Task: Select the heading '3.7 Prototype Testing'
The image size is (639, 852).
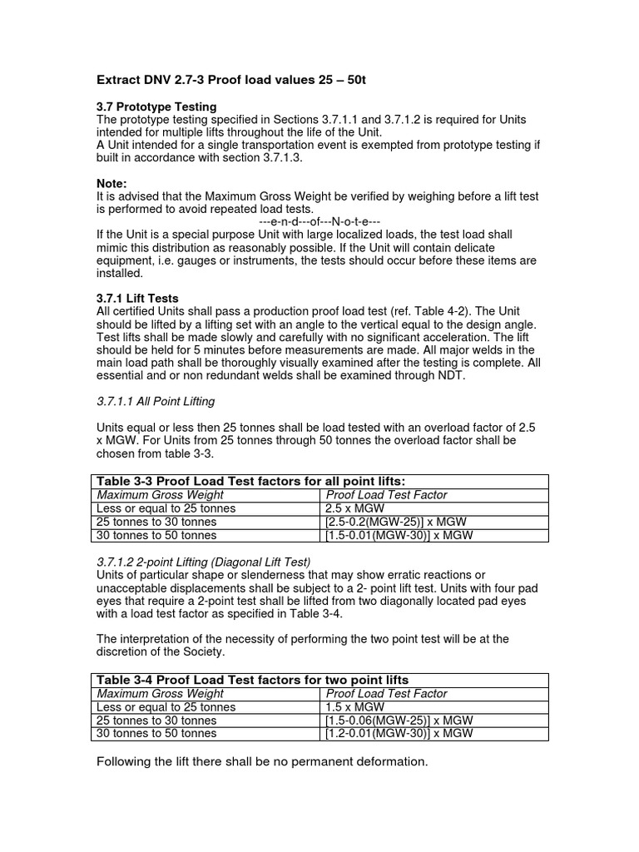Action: click(157, 106)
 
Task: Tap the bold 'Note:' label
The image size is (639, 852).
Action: click(112, 182)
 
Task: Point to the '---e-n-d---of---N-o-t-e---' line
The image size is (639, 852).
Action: click(319, 222)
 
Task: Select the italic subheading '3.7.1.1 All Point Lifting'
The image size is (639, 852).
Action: click(156, 401)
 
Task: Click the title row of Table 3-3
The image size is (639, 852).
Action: click(251, 481)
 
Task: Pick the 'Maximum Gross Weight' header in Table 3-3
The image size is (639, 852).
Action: click(160, 495)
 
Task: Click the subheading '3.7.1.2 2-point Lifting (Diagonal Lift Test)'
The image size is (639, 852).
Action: click(204, 562)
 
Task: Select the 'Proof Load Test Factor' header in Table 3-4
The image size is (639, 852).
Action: click(386, 693)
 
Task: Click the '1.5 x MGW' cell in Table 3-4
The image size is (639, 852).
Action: click(356, 706)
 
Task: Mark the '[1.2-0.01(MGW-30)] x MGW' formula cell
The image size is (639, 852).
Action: click(399, 733)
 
